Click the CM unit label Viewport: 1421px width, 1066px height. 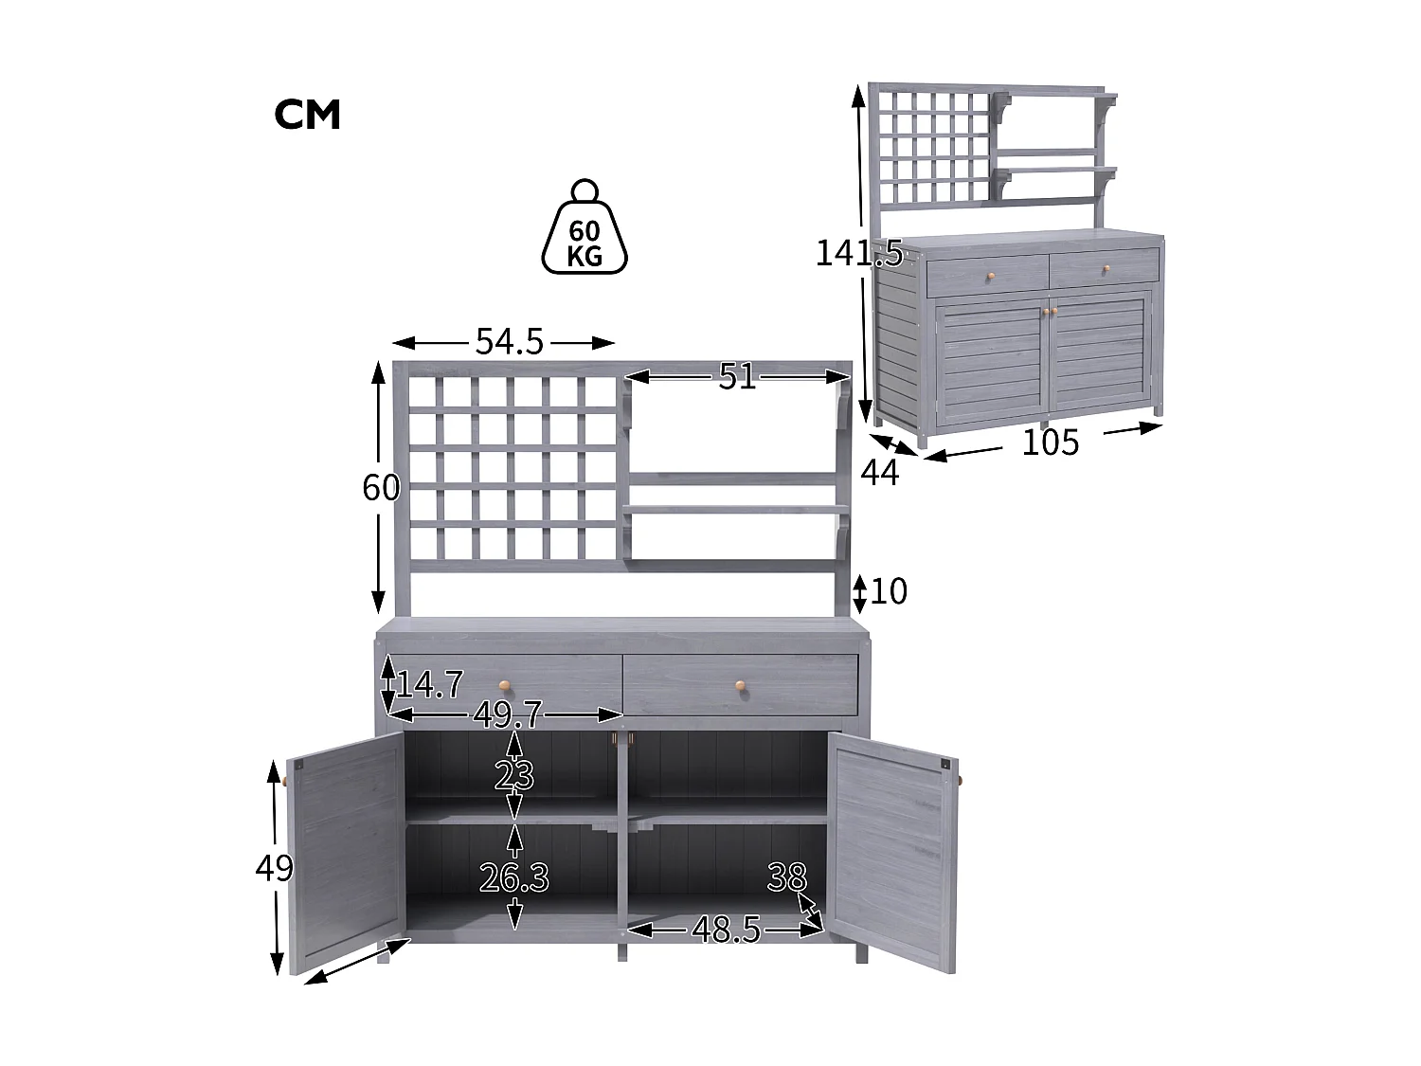point(307,115)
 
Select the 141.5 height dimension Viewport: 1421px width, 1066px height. point(858,253)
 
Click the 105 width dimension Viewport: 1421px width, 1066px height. point(1050,443)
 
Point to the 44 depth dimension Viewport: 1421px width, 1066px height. point(880,472)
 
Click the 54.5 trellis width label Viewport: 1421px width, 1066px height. point(510,342)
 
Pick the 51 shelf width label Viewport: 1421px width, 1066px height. point(737,377)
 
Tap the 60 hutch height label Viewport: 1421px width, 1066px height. point(381,488)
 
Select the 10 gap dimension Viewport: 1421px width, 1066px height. point(889,591)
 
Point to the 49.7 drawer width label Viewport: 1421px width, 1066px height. point(508,715)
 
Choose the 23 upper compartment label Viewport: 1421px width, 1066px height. point(514,777)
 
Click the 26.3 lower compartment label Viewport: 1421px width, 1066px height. point(514,879)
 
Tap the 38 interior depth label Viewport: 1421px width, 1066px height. point(786,878)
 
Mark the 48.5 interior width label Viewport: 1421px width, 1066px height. point(726,930)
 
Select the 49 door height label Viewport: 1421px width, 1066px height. point(275,868)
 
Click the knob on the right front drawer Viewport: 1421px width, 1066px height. point(740,685)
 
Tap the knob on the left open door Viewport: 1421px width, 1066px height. point(284,781)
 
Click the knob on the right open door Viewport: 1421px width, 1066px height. point(960,780)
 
